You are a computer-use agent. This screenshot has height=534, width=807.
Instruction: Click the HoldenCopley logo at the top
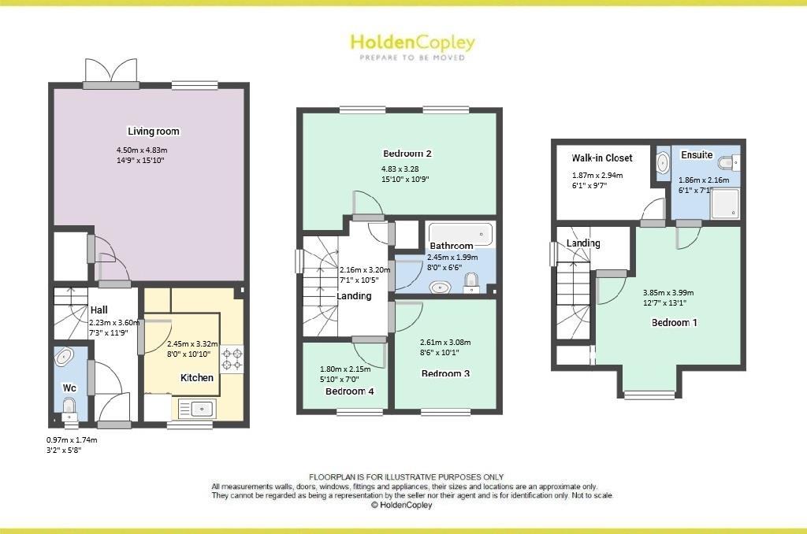click(x=412, y=43)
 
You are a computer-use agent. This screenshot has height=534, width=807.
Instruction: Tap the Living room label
click(x=154, y=131)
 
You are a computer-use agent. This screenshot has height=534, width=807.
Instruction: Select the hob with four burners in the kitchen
click(x=232, y=359)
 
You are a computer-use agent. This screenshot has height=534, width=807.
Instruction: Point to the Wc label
click(x=69, y=388)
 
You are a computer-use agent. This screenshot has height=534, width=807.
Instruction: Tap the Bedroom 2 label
click(x=407, y=154)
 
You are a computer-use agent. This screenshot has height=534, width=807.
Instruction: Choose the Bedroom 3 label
click(x=445, y=373)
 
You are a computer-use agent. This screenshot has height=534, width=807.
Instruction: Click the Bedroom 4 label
click(x=350, y=391)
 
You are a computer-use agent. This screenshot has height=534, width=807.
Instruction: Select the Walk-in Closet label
click(x=602, y=158)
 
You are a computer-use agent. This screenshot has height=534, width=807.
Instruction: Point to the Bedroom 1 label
click(x=674, y=322)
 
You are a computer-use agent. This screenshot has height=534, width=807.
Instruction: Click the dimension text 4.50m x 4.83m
click(x=142, y=150)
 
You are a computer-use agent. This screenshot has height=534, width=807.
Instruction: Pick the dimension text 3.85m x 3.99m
click(x=668, y=292)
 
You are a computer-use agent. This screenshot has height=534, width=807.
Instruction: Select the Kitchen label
click(x=197, y=378)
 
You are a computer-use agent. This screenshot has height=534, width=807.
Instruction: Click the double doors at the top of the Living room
click(x=110, y=71)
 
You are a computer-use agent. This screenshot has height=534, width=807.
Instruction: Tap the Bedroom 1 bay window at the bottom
click(x=650, y=393)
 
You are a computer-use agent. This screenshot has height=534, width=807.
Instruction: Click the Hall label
click(x=99, y=310)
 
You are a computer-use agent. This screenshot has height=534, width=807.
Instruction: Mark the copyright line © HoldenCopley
click(x=401, y=506)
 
